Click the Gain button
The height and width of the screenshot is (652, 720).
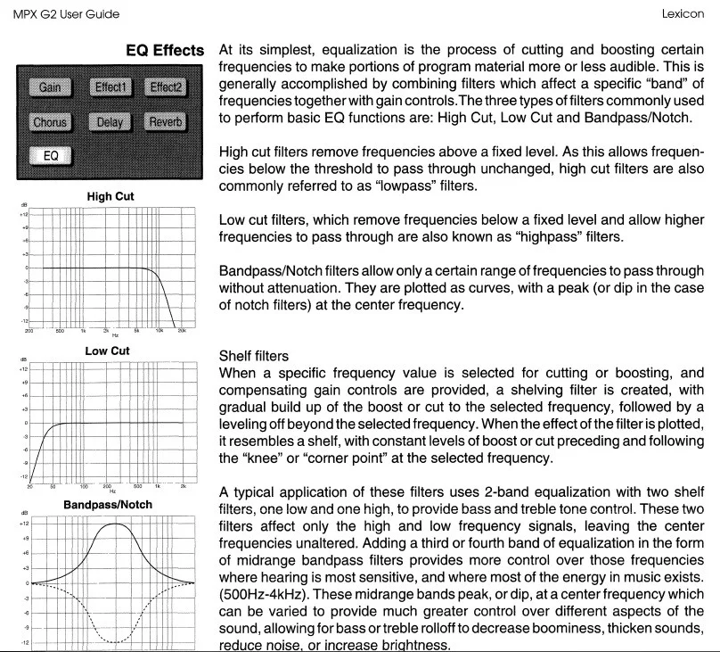tap(50, 87)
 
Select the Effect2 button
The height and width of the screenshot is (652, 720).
tap(166, 87)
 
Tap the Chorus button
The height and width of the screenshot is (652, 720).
tap(50, 122)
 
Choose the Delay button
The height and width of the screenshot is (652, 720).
tap(109, 122)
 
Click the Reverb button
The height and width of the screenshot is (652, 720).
tap(166, 122)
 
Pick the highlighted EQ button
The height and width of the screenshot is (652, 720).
tap(50, 156)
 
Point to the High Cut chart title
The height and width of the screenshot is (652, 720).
tap(110, 196)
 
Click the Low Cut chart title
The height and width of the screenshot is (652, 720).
tap(107, 351)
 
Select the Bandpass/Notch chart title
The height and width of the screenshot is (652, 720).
tap(108, 505)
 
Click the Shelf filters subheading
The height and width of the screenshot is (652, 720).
tap(255, 356)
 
